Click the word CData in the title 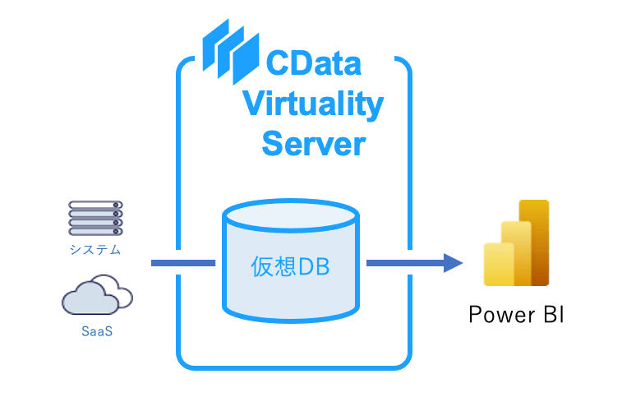313,64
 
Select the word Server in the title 313,144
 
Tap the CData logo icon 225,49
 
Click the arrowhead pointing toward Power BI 453,263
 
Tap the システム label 94,250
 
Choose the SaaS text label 97,332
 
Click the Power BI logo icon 516,242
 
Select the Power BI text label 515,315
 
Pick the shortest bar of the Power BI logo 498,264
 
